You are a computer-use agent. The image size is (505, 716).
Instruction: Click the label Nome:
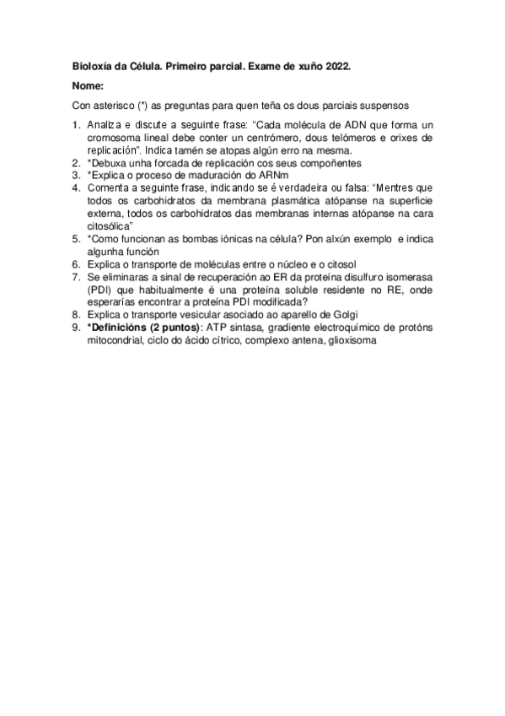pyautogui.click(x=88, y=86)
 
